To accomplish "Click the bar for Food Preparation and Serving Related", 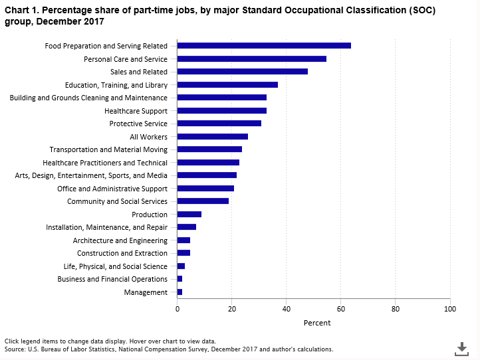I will [264, 46].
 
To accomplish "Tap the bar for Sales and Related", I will [242, 72].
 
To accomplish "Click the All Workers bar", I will [212, 137].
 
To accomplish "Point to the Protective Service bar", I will [219, 124].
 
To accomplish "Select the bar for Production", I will [189, 215].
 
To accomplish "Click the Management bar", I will [180, 292].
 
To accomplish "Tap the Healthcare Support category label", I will [136, 111].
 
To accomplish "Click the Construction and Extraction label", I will [122, 253].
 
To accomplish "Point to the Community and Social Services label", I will [117, 201].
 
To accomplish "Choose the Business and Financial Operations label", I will [112, 279].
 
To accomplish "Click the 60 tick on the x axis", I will [340, 309].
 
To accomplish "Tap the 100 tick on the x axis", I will [449, 309].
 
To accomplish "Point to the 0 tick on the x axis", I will [178, 309].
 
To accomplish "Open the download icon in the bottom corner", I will [461, 348].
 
